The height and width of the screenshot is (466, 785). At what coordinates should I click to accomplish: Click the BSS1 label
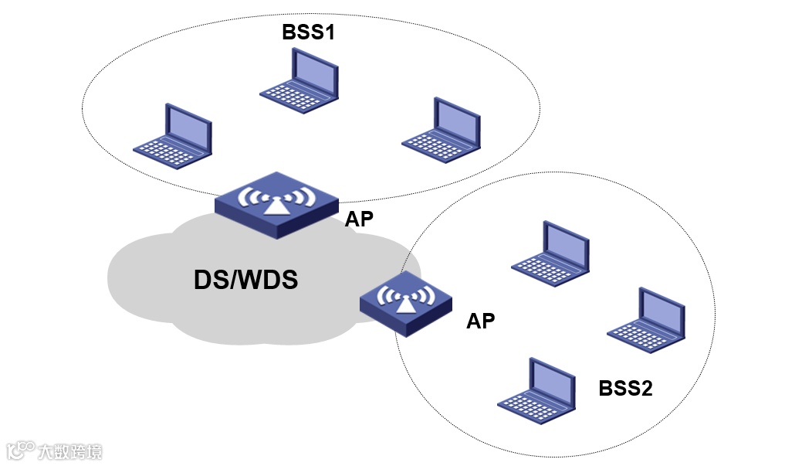coord(308,32)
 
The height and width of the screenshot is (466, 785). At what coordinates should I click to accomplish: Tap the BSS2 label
coord(625,388)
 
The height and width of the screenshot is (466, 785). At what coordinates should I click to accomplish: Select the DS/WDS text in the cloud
coord(245,280)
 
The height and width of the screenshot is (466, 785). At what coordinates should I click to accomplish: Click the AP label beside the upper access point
coord(359,219)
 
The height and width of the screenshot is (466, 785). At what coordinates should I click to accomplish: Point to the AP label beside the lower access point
coord(481,321)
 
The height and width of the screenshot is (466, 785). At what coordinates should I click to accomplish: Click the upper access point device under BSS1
coord(277,205)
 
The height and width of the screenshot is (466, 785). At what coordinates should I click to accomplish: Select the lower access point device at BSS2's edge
coord(406,304)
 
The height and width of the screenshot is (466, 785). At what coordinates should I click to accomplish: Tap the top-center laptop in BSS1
coord(299,80)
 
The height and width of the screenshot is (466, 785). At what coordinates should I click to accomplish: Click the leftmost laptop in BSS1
coord(173,136)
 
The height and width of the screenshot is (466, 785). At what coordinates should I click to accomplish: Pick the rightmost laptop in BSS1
coord(441,130)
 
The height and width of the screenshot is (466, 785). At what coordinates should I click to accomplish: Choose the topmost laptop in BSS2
coord(550,253)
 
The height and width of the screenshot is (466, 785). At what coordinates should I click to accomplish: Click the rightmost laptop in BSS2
coord(646,320)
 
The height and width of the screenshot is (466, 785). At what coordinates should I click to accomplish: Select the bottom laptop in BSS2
coord(536,391)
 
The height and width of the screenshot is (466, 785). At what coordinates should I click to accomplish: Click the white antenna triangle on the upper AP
coord(277,206)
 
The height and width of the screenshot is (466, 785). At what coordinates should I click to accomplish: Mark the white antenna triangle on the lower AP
coord(406,303)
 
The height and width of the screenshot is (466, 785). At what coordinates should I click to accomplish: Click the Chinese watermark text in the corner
coord(69,451)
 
